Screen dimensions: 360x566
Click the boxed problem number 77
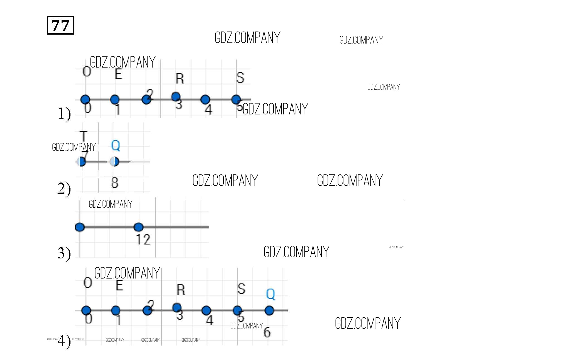pyautogui.click(x=60, y=25)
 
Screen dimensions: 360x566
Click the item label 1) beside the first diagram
pyautogui.click(x=64, y=114)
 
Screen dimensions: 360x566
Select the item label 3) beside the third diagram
pyautogui.click(x=64, y=253)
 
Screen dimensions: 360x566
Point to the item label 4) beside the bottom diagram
pyautogui.click(x=64, y=341)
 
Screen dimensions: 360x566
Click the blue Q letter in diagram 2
pyautogui.click(x=115, y=145)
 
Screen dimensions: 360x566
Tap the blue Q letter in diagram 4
pyautogui.click(x=270, y=294)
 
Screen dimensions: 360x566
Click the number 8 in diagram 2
pyautogui.click(x=114, y=183)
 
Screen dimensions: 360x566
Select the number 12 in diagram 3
pyautogui.click(x=143, y=239)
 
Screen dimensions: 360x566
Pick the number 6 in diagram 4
pyautogui.click(x=267, y=332)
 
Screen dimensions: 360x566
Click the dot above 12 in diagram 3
pyautogui.click(x=138, y=227)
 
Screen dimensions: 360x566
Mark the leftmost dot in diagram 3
pyautogui.click(x=80, y=227)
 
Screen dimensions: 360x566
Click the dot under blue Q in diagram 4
pyautogui.click(x=269, y=310)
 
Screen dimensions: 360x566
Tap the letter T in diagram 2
pyautogui.click(x=84, y=136)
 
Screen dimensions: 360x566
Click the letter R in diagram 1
pyautogui.click(x=180, y=78)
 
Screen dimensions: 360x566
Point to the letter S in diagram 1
pyautogui.click(x=240, y=78)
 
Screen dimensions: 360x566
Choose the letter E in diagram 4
pyautogui.click(x=119, y=285)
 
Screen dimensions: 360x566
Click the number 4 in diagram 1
pyautogui.click(x=208, y=109)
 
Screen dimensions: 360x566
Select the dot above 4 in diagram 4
pyautogui.click(x=206, y=310)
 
